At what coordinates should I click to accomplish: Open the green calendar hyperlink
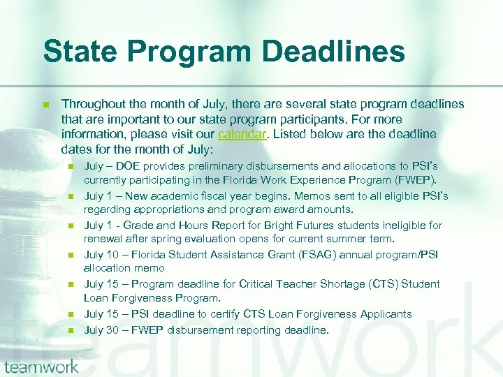coord(242,134)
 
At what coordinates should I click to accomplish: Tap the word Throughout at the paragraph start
coord(94,104)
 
